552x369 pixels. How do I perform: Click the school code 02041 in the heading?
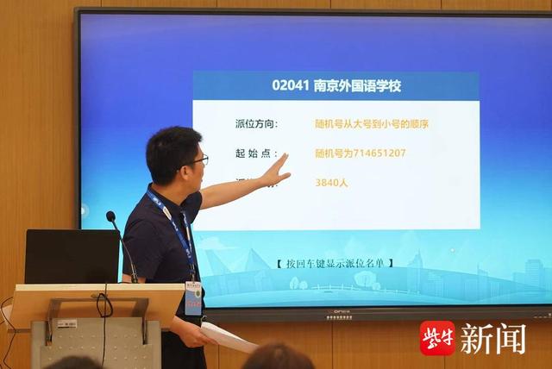[x=290, y=86]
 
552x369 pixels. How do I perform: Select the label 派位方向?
[x=256, y=124]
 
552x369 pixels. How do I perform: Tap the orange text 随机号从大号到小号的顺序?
[x=372, y=124]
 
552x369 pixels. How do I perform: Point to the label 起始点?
[x=256, y=153]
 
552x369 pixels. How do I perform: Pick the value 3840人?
[x=332, y=182]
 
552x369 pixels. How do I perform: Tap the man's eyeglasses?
[x=197, y=161]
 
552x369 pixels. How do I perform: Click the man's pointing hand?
[x=275, y=171]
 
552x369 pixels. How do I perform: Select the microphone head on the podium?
[x=111, y=216]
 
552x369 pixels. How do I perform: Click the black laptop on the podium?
[x=72, y=256]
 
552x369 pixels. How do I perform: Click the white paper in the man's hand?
[x=228, y=337]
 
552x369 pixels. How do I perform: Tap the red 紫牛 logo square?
[x=436, y=337]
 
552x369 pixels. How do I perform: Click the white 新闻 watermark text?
[x=492, y=337]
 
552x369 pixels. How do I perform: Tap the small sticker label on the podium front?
[x=67, y=323]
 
